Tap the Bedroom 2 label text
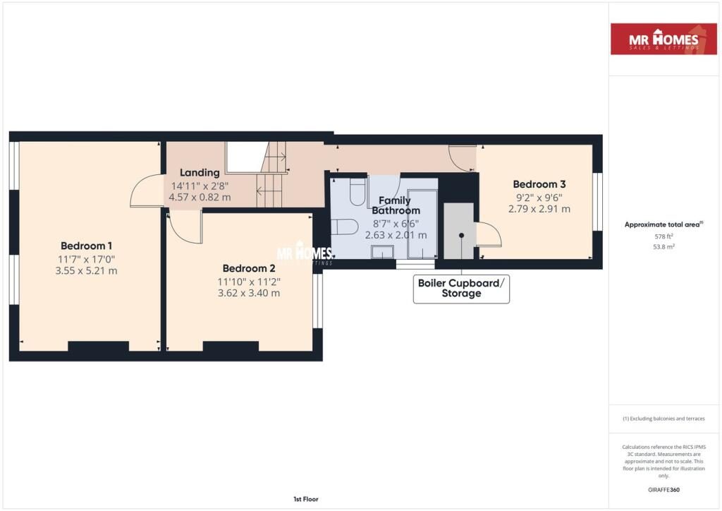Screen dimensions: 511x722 (x=248, y=268)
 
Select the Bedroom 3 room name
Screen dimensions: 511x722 (x=539, y=184)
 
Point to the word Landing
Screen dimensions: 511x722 (x=200, y=172)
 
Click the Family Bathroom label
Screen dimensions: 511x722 (x=396, y=205)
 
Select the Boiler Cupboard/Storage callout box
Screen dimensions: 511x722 (x=461, y=289)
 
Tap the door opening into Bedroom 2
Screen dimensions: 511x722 (x=185, y=227)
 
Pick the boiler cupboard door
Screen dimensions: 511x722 (x=488, y=234)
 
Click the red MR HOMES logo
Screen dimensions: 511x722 (x=663, y=39)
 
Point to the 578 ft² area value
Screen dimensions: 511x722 (x=663, y=237)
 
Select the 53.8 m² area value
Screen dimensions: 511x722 (x=663, y=248)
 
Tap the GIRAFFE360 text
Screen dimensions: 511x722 (x=663, y=490)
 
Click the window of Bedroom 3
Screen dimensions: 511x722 (x=597, y=202)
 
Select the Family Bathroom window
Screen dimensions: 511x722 (x=405, y=265)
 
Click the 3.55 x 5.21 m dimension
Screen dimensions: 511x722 (x=86, y=270)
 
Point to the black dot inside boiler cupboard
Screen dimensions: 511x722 (x=462, y=236)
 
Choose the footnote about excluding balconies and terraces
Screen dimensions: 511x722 (x=663, y=419)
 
